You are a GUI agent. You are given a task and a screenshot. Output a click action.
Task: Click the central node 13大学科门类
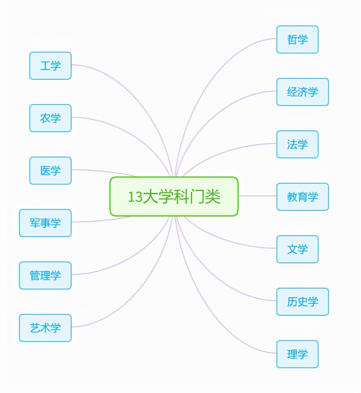174,197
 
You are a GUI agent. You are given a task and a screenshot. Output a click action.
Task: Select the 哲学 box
297,39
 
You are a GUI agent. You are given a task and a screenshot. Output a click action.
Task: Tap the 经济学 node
302,92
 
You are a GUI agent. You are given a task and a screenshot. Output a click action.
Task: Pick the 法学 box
297,144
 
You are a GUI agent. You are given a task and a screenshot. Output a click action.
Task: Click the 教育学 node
302,197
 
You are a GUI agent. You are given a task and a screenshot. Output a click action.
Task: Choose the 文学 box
297,249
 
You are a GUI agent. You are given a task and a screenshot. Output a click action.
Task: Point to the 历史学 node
302,302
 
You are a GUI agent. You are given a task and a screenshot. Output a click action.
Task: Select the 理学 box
297,354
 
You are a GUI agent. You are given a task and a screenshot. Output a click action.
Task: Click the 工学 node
50,65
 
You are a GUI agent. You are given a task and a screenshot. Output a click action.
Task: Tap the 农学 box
50,118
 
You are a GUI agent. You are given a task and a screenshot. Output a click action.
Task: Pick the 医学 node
50,171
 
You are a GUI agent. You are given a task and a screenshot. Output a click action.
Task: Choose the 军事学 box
45,223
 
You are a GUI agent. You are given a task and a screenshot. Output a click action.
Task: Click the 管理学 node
45,276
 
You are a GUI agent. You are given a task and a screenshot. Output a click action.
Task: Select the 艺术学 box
45,328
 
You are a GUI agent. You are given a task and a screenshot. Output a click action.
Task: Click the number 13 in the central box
135,197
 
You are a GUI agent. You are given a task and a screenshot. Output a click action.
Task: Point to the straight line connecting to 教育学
257,196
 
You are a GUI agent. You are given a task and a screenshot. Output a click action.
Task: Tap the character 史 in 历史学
302,302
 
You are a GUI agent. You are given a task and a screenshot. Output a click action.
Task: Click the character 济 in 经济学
302,92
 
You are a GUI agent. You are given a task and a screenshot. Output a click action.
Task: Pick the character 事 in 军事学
45,223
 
